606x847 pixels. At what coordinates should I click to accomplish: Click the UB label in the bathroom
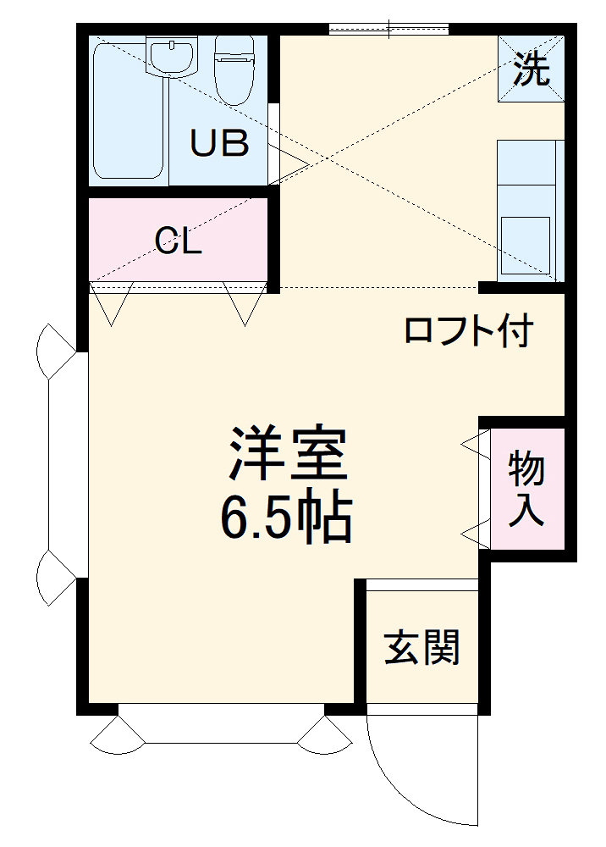click(219, 143)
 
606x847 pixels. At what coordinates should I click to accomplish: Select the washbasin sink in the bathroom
click(172, 55)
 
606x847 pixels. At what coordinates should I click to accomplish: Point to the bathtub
click(127, 110)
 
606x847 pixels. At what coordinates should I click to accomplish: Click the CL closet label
click(179, 242)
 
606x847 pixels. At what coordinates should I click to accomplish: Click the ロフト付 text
click(468, 329)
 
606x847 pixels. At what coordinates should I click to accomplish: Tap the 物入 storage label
click(526, 490)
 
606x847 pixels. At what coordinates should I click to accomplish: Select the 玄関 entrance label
click(421, 648)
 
